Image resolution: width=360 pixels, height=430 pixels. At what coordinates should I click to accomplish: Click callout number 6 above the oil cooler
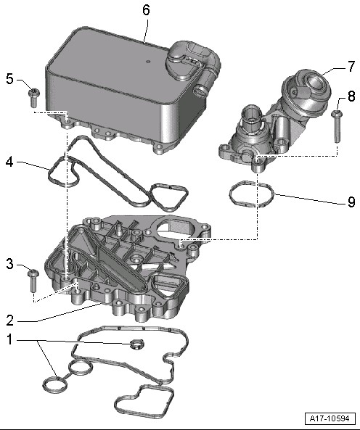click(147, 10)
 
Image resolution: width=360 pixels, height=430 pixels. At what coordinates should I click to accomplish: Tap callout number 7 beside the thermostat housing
click(351, 67)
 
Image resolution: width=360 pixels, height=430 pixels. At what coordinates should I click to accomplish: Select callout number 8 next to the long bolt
click(351, 96)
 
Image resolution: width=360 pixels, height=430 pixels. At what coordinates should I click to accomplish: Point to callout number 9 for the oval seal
click(351, 202)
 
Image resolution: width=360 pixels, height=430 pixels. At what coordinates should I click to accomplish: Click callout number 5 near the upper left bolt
click(9, 79)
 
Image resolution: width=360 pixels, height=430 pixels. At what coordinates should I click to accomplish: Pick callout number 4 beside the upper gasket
click(9, 162)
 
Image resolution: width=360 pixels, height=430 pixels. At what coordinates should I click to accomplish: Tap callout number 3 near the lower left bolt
click(9, 264)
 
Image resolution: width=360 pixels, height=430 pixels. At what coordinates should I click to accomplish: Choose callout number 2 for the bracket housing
click(9, 321)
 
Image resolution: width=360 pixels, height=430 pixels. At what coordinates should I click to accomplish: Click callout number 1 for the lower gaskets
click(9, 339)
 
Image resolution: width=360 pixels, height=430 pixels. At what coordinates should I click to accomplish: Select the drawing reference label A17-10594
click(330, 418)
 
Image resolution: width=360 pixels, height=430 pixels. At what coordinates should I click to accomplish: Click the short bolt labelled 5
click(34, 98)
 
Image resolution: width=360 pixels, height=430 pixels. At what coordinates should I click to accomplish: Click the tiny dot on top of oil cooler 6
click(149, 62)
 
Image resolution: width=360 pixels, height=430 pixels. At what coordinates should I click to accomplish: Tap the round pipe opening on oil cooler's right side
click(200, 91)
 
